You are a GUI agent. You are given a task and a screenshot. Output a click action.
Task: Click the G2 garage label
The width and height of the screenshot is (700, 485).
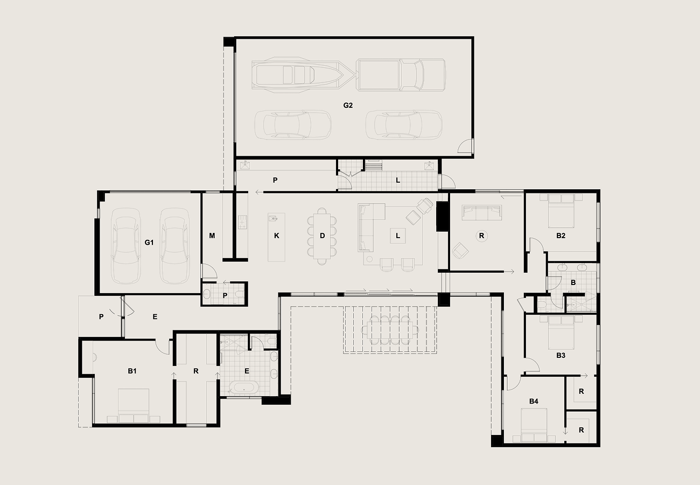coord(348,106)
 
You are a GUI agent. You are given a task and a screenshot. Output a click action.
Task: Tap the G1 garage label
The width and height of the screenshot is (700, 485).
coord(149,242)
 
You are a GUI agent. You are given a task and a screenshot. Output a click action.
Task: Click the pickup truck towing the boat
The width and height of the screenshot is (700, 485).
coord(401,75)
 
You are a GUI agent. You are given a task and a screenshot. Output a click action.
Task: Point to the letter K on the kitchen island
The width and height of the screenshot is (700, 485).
coord(277,236)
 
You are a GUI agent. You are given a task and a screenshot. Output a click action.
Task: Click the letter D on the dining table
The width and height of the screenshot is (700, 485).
coord(322,236)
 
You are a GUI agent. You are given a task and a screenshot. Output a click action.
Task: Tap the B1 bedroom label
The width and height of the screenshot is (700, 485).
coord(132,371)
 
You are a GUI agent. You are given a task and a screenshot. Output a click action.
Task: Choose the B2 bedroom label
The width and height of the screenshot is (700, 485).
coord(561,236)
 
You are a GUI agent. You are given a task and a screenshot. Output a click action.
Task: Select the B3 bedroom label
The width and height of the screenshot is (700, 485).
coord(561,356)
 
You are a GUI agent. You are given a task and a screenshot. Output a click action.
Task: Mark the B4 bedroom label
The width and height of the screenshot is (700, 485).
coord(534,401)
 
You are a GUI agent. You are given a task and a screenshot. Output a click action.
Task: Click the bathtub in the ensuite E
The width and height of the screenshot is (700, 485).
coord(244,388)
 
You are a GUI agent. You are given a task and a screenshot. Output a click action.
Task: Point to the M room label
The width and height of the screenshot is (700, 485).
coord(212,236)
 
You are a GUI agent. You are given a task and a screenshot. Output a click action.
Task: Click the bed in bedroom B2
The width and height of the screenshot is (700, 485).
coord(561,211)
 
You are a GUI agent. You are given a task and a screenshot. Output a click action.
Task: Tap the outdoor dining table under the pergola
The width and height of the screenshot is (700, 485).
coord(390,330)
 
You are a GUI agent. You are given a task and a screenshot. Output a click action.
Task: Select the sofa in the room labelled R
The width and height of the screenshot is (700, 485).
coord(481,213)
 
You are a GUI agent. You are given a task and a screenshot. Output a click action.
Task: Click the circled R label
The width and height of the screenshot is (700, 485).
coord(481,236)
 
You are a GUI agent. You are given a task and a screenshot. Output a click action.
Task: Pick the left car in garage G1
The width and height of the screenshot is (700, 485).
coord(125,246)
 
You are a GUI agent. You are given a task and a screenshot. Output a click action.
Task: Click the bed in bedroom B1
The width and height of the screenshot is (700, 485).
coord(134,406)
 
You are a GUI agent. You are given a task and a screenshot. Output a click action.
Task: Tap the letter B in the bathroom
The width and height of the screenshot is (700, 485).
coord(573,283)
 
